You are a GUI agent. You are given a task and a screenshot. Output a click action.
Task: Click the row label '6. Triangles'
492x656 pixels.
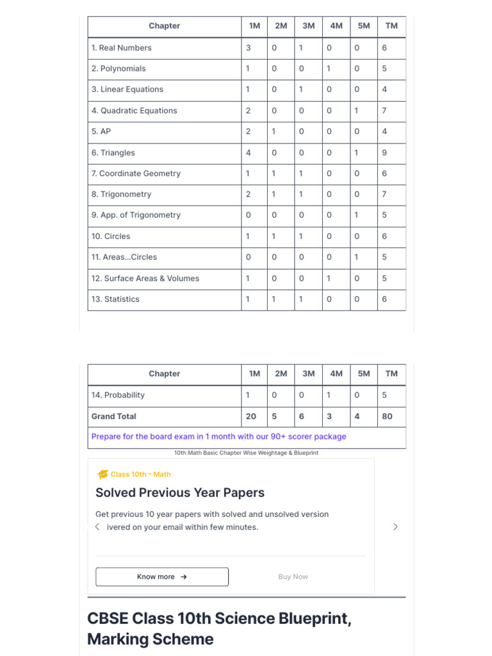[113, 152]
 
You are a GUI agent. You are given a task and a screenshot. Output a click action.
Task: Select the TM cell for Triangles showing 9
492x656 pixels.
[384, 152]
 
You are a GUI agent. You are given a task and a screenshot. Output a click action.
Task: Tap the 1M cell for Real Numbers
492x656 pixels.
[249, 47]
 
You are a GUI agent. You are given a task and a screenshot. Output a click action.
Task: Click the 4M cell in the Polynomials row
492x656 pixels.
[329, 69]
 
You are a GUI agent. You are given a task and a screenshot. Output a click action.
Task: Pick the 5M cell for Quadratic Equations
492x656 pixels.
[357, 111]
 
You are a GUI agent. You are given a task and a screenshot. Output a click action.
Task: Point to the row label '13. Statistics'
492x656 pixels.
[115, 299]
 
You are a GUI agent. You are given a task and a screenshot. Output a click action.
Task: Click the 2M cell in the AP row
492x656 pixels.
[274, 131]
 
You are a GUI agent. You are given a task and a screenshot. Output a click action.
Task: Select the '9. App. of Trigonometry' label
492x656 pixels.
[136, 215]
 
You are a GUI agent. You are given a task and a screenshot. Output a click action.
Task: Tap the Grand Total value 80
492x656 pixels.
[387, 416]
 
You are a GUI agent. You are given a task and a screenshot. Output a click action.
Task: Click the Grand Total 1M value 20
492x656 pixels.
[251, 416]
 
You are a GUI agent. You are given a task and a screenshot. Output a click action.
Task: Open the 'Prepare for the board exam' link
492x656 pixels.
[218, 436]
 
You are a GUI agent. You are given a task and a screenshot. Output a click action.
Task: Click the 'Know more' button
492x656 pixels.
[162, 577]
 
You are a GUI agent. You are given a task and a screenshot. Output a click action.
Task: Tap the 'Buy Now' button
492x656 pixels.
[293, 577]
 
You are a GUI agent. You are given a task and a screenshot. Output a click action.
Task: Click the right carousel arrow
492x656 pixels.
[395, 527]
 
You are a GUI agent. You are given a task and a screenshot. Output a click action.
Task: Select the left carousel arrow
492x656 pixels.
[97, 527]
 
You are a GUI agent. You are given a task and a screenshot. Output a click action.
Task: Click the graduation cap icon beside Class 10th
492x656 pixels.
[102, 475]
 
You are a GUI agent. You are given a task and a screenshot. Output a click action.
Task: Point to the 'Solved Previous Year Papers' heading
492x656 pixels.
[180, 493]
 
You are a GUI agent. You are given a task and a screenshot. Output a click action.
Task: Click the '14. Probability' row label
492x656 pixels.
[118, 395]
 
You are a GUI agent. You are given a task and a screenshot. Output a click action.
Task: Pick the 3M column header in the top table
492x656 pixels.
[308, 26]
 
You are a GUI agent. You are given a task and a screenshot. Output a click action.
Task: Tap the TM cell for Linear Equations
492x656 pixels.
[384, 90]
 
